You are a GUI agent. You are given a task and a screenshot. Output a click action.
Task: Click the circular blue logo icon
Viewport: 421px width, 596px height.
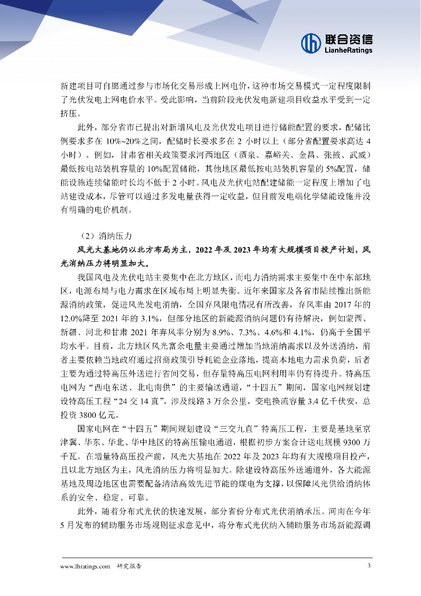(x=312, y=42)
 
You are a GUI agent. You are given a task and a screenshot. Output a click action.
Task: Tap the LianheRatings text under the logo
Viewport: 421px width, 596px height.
(x=348, y=51)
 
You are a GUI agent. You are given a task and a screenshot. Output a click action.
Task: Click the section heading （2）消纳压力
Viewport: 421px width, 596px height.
(x=108, y=236)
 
